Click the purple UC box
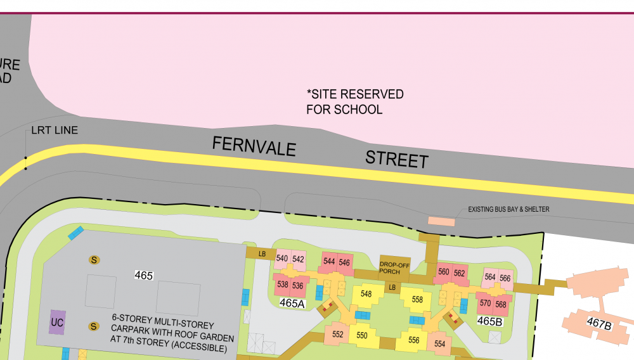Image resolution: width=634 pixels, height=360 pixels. point(57,322)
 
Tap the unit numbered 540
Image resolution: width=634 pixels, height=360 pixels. point(282,259)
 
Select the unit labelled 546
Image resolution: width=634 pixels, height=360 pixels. point(344,262)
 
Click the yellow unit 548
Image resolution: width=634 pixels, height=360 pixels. point(366,294)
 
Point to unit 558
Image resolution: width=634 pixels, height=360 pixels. point(417,299)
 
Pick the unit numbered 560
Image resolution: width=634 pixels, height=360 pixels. point(444,273)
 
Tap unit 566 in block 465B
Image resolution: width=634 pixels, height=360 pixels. point(505,278)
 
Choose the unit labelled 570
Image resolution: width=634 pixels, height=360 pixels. point(485,304)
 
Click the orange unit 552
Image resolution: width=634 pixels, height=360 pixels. point(337,335)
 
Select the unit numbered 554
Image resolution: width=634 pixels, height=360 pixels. point(439,343)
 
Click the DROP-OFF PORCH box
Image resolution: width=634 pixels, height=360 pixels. point(392,267)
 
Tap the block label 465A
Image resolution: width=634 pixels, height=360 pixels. point(292,304)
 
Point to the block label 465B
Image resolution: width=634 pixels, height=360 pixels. point(490,321)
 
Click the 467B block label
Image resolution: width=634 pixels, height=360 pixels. point(599,325)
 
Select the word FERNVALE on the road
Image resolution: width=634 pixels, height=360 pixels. point(254,146)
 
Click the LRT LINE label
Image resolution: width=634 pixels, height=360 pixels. point(55,131)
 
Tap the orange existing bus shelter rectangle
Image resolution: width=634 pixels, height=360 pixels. point(441,221)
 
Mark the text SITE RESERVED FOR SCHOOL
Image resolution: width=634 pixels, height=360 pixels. point(354,101)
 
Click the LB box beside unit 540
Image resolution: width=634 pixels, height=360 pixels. point(262,254)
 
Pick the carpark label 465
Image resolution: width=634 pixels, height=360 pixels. point(144,275)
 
